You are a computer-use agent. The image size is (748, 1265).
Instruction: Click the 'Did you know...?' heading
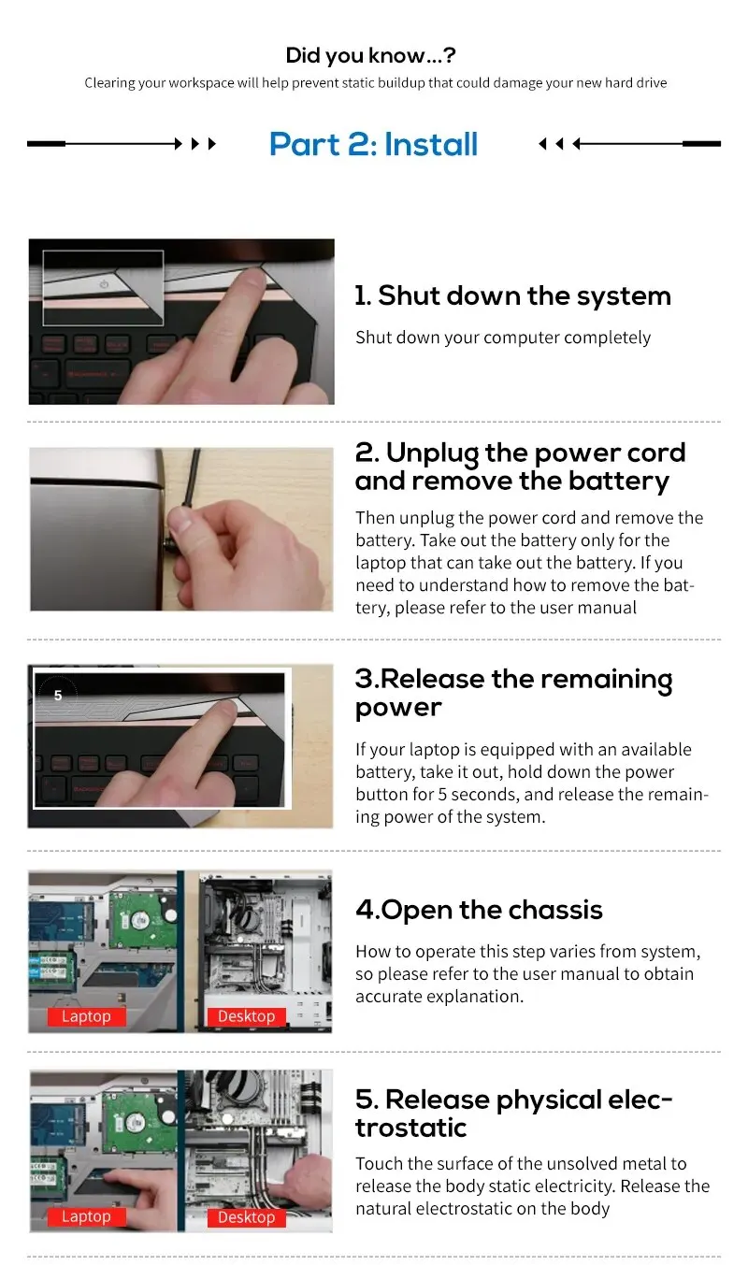coord(370,55)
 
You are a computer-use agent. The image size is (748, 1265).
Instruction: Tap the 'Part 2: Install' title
coord(373,144)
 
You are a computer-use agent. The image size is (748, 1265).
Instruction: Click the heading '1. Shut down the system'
coord(513,295)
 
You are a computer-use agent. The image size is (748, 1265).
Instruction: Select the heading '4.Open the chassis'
coord(479,910)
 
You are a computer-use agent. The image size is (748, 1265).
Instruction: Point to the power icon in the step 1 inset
coord(104,284)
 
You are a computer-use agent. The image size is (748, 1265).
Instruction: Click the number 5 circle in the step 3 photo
coord(58,696)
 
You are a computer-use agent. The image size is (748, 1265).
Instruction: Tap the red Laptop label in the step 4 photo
coord(86,1016)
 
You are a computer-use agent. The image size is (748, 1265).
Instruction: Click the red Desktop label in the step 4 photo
coord(246,1016)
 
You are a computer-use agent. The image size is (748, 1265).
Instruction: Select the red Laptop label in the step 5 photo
coord(86,1216)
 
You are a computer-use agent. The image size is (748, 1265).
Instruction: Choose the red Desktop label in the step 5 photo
coord(246,1217)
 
